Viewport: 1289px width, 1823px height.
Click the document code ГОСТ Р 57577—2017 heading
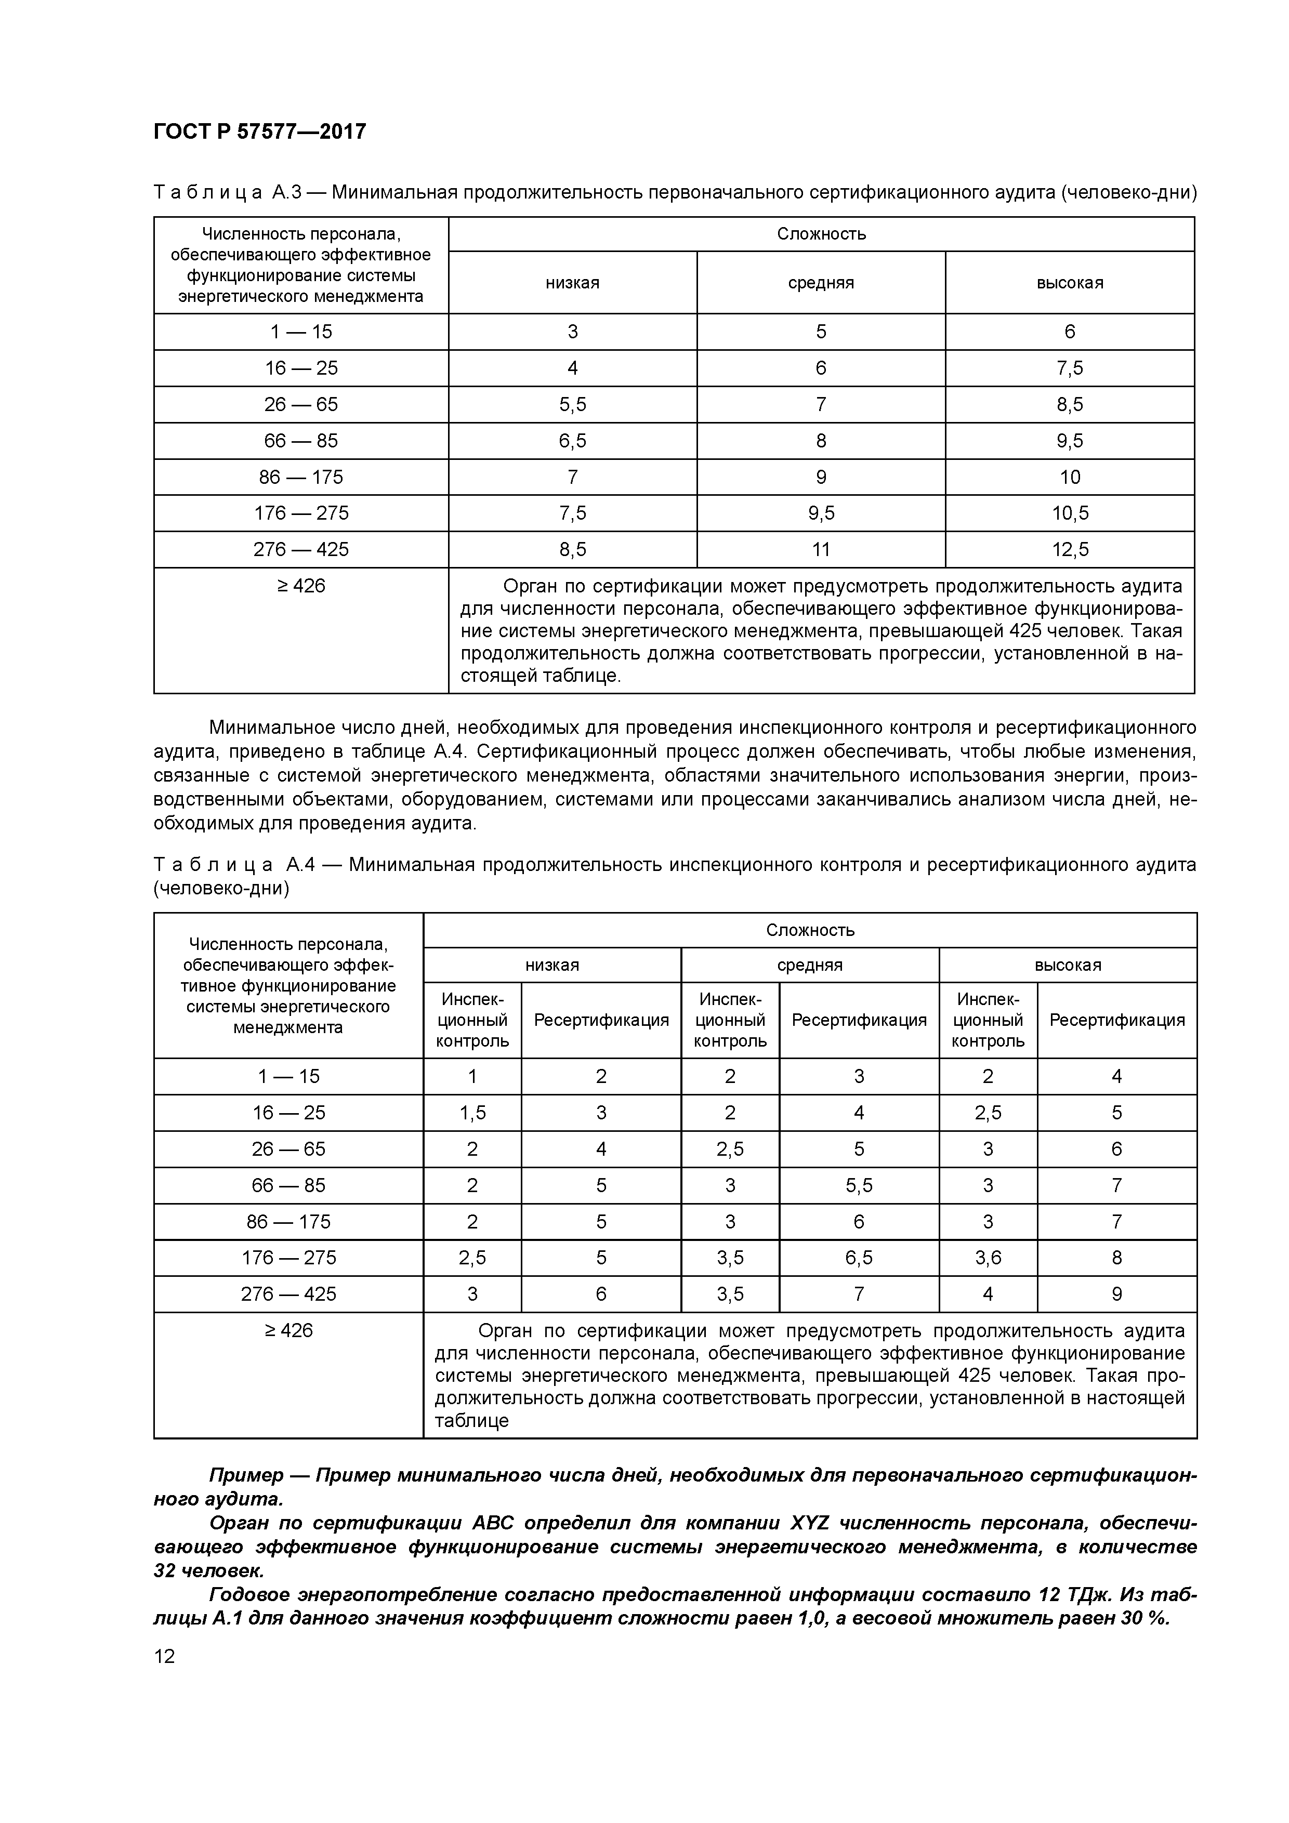260,131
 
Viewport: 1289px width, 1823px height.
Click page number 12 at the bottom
164,1656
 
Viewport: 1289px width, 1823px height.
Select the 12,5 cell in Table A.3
1069,549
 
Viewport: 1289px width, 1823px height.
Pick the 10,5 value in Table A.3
1069,513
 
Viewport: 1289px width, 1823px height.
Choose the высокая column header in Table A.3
1069,283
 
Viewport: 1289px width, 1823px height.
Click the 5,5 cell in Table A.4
859,1185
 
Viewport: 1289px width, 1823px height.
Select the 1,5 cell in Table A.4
472,1113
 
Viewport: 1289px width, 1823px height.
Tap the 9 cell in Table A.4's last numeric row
1116,1294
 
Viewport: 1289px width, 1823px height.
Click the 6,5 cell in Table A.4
859,1258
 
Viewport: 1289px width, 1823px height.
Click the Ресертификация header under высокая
1116,1020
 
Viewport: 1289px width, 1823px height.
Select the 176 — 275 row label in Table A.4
288,1258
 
